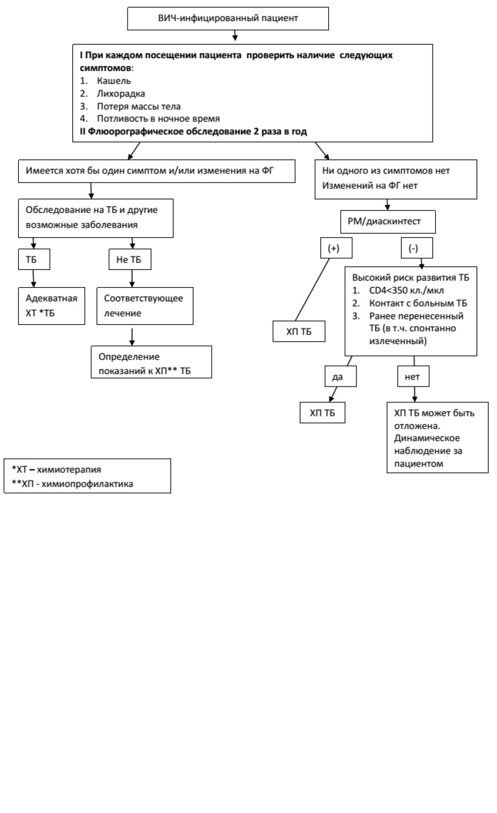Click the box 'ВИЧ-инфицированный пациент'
coord(228,18)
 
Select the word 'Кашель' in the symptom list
coord(114,81)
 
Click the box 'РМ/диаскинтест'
coord(388,222)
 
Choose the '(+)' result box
coord(336,248)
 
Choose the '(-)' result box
coord(417,248)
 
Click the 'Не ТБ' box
coord(130,259)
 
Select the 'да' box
coord(341,376)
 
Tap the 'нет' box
coord(413,376)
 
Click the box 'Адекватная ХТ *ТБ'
coord(52,306)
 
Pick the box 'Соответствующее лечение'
coord(145,306)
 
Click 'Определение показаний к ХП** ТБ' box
coord(151,362)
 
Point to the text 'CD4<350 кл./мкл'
coord(406,291)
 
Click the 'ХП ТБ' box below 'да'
coord(322,412)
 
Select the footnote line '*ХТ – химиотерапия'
coord(56,469)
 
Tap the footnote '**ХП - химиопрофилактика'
coord(72,484)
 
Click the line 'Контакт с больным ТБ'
coord(418,303)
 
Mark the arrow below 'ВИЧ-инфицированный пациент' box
coord(235,35)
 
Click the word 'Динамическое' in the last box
coord(427,438)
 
